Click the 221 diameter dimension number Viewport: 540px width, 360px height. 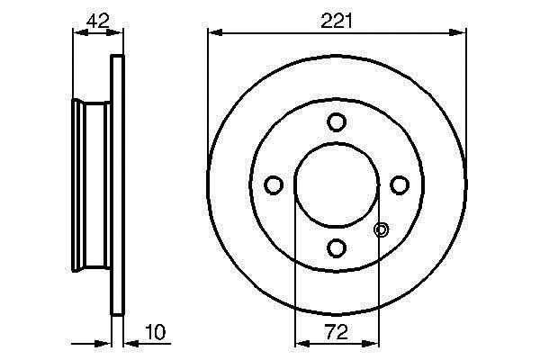click(x=337, y=21)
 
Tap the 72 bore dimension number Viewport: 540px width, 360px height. click(x=337, y=332)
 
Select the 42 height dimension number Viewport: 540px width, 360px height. click(x=97, y=21)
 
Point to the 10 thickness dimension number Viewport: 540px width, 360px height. click(x=156, y=332)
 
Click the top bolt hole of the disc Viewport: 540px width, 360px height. click(x=336, y=122)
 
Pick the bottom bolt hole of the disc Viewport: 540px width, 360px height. click(x=336, y=248)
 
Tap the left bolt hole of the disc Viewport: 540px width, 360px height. click(x=274, y=185)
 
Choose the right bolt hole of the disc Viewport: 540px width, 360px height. click(x=400, y=185)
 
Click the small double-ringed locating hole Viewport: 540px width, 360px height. click(x=382, y=229)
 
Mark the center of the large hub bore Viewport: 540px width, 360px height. click(x=337, y=185)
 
